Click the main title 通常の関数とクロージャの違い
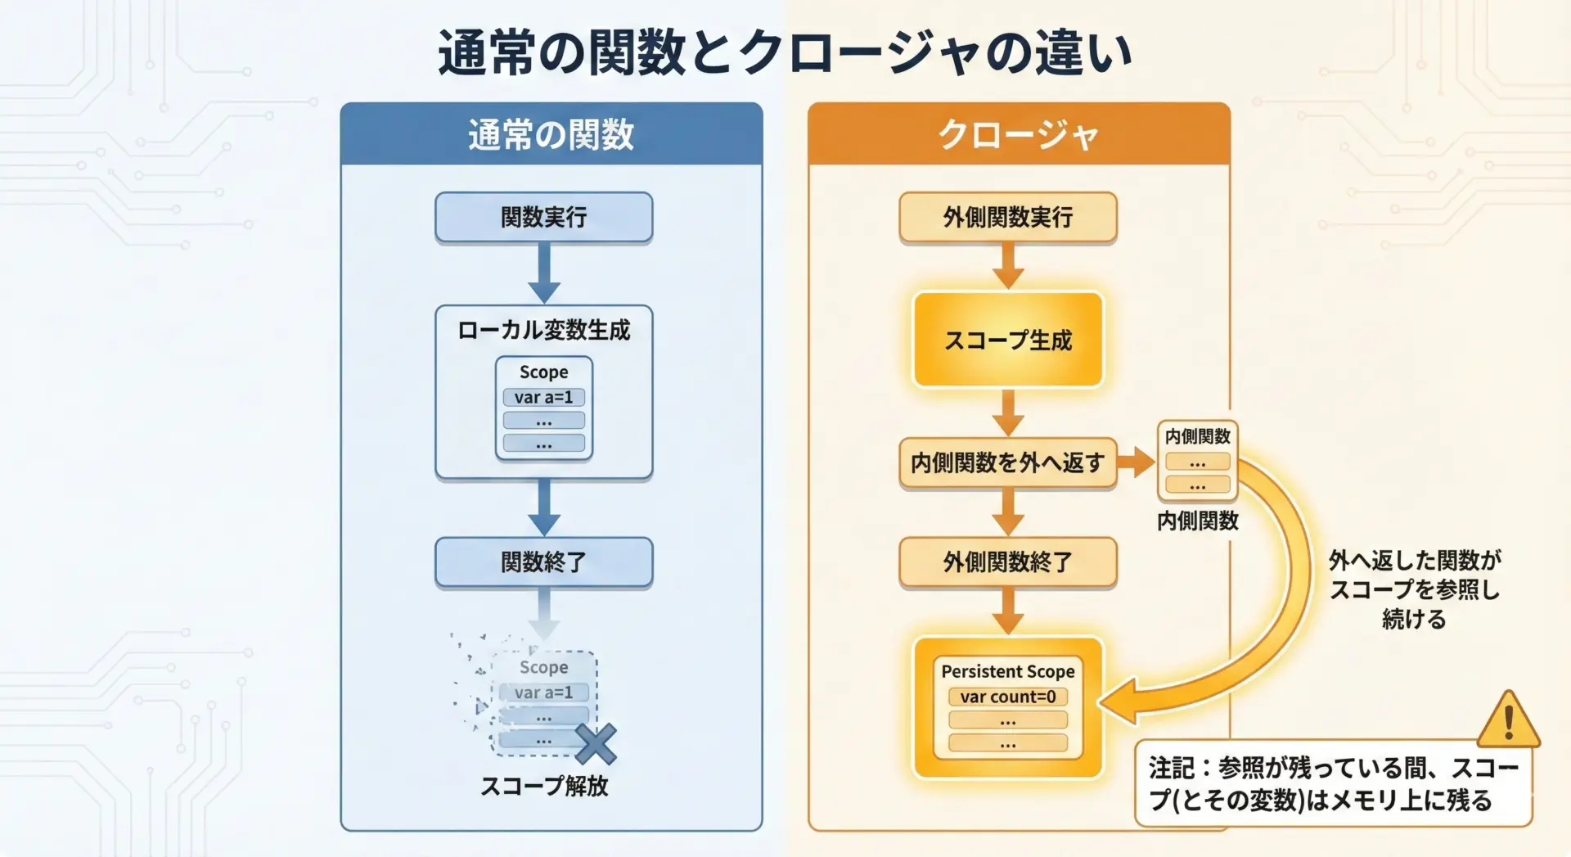pos(785,52)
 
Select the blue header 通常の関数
pos(551,133)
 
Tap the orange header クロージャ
pos(1019,133)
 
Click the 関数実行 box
pos(544,217)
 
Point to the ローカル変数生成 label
pos(544,330)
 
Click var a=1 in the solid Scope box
pos(544,397)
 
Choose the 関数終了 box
pos(544,562)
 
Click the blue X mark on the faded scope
pos(596,743)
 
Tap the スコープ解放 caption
pos(544,786)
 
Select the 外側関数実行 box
pos(1008,217)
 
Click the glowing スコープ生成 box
pos(1008,340)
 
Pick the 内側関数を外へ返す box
pos(1008,462)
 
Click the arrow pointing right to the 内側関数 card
pos(1136,462)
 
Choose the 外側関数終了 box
pos(1008,562)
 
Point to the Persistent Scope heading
pos(1008,671)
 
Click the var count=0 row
pos(1008,697)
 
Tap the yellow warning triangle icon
pos(1509,720)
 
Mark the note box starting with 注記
pos(1334,784)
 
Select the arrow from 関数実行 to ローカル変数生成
pos(544,273)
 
